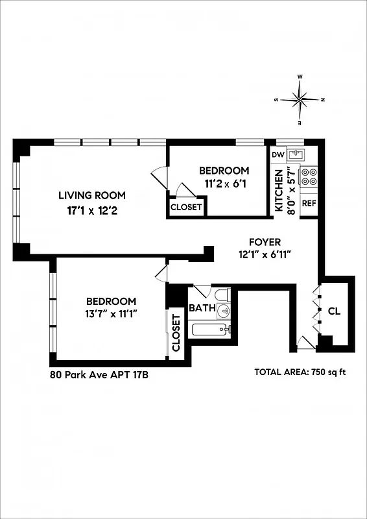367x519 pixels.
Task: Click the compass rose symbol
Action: tap(300, 99)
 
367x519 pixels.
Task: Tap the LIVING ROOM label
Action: tap(92, 195)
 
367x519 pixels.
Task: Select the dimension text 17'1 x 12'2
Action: tap(92, 210)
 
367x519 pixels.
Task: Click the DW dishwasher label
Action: tap(278, 154)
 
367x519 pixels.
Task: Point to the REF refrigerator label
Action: tap(309, 203)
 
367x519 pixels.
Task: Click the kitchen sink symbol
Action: tap(298, 154)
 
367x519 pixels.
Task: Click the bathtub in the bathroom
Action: tap(211, 330)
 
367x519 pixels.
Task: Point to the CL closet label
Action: tap(334, 311)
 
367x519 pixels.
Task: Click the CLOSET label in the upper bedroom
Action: tap(186, 208)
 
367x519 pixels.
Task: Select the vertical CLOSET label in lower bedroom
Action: tap(176, 333)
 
